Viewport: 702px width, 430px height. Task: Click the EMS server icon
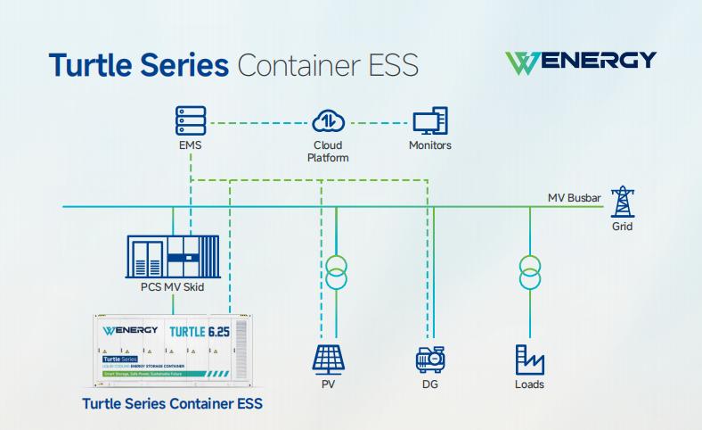(x=190, y=120)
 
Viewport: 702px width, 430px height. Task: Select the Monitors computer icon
(x=429, y=120)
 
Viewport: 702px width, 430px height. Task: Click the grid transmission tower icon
(x=624, y=203)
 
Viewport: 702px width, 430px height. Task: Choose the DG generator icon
(x=431, y=358)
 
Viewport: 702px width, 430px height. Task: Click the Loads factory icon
(x=529, y=358)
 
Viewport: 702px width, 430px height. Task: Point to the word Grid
(x=623, y=227)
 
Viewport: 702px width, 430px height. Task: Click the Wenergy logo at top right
(x=579, y=61)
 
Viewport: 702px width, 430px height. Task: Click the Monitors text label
(x=429, y=145)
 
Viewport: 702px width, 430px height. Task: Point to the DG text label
(x=431, y=385)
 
